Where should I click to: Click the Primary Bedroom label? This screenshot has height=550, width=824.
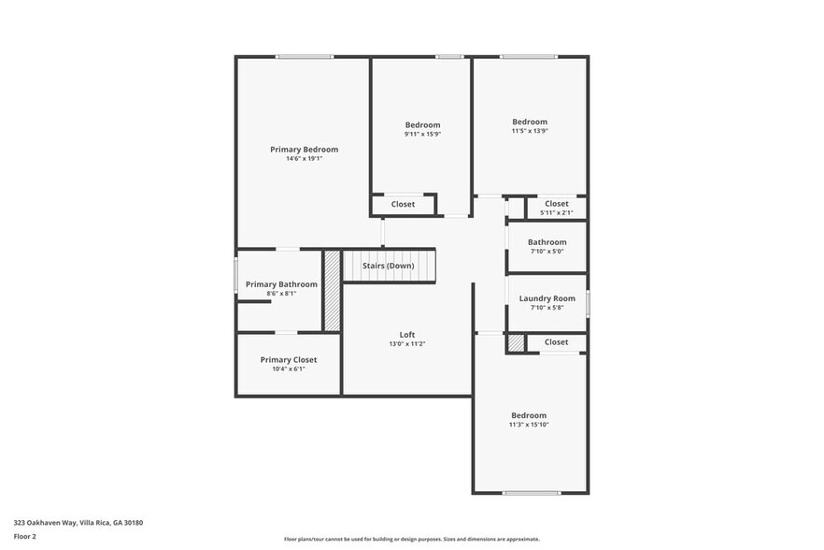coord(304,150)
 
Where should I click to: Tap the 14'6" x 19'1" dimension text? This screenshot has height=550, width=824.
coord(304,159)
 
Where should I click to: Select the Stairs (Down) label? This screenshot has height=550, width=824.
coord(389,266)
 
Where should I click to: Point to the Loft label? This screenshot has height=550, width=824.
coord(407,335)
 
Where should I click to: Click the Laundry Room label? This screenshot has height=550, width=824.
coord(547,298)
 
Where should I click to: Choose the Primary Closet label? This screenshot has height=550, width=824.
coord(288,360)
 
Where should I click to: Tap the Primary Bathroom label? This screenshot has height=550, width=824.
coord(281,284)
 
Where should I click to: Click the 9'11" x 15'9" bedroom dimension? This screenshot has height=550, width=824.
coord(422,134)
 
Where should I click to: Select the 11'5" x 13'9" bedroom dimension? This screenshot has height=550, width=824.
coord(530,131)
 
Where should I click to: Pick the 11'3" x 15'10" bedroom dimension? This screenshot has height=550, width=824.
coord(529,425)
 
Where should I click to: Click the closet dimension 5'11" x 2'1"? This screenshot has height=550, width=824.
coord(556,212)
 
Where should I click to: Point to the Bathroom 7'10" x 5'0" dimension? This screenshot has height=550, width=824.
coord(547,251)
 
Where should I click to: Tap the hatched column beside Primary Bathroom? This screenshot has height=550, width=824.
coord(332,290)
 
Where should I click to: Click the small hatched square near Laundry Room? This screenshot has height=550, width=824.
coord(516,343)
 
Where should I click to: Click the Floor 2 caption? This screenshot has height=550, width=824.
coord(25,536)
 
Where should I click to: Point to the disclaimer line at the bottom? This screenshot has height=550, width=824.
coord(411,539)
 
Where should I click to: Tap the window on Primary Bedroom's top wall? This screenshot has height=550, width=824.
coord(304,57)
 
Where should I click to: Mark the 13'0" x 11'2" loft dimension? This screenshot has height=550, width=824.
coord(407,344)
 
